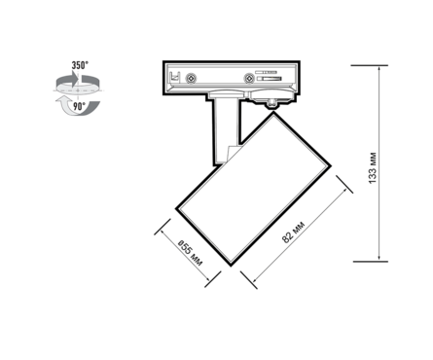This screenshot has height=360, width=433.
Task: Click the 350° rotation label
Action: pyautogui.click(x=80, y=65)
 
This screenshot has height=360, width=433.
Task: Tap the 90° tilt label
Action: pyautogui.click(x=79, y=106)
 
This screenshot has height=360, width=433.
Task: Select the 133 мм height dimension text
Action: pyautogui.click(x=373, y=167)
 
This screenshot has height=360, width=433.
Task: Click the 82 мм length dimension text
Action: pyautogui.click(x=293, y=233)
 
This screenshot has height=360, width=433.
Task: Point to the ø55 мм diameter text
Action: pyautogui.click(x=191, y=253)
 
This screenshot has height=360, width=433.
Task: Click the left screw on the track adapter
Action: pyautogui.click(x=191, y=78)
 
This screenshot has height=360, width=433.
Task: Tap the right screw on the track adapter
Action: pyautogui.click(x=249, y=78)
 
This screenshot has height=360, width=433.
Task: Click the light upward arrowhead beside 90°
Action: pyautogui.click(x=61, y=100)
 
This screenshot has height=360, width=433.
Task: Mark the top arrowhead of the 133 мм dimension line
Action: pyautogui.click(x=379, y=69)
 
